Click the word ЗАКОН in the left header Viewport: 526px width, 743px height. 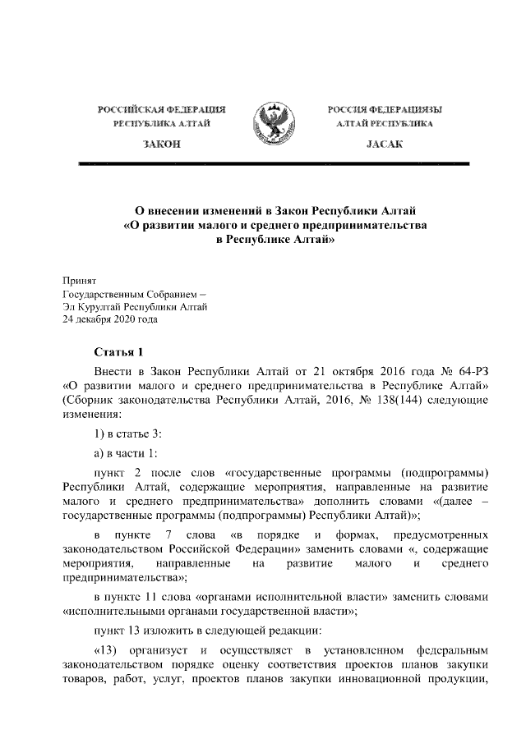pos(162,144)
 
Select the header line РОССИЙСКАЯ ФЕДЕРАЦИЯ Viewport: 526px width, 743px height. pos(162,109)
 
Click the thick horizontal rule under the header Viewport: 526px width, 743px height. pos(272,164)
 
